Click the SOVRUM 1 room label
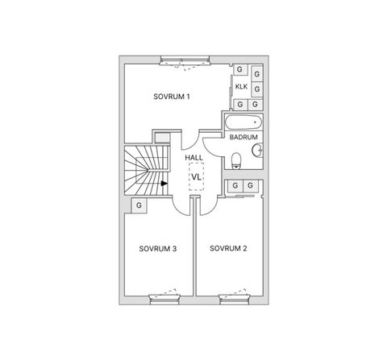172,97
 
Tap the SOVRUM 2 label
228,249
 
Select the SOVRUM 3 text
158,249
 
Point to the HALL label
193,158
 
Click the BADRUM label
243,137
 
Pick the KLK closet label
241,87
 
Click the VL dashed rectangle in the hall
196,176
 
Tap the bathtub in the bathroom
243,122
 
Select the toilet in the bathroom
236,160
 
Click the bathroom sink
257,150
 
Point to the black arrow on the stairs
164,184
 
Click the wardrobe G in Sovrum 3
139,205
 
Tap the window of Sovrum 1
185,60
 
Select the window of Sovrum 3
164,300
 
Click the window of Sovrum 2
235,300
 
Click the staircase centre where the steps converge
148,170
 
